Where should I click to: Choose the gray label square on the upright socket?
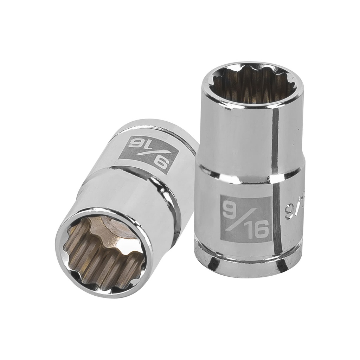click(x=244, y=220)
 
